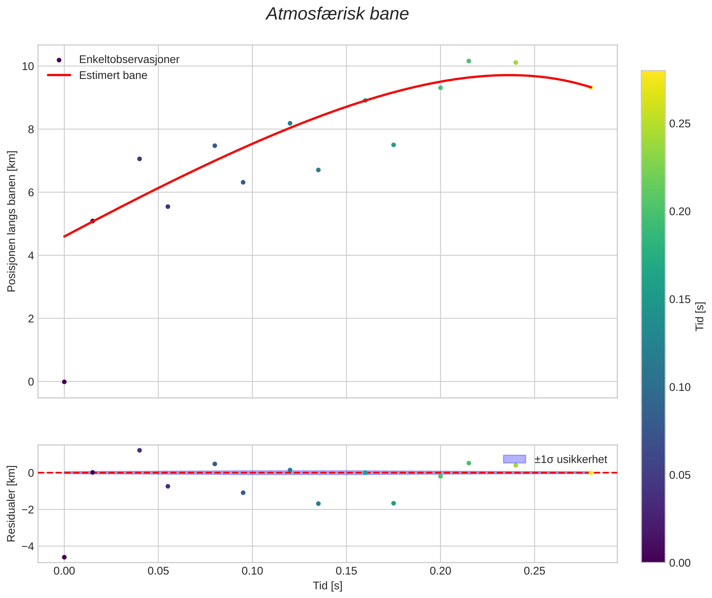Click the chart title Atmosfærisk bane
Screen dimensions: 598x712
click(x=337, y=14)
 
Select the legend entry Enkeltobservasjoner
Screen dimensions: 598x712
click(x=129, y=60)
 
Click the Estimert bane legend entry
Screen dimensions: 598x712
click(x=113, y=75)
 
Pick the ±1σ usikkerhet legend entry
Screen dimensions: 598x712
click(x=571, y=459)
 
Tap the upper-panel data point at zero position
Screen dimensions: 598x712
click(x=64, y=382)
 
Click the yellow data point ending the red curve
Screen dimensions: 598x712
click(x=591, y=87)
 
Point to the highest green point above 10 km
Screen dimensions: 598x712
click(x=469, y=61)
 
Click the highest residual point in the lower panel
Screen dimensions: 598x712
click(x=139, y=450)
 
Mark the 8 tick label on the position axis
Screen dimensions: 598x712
click(x=31, y=129)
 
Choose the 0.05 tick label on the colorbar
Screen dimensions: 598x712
click(x=680, y=475)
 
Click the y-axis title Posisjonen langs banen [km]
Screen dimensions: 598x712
click(x=11, y=221)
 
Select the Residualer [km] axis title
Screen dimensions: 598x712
click(x=11, y=504)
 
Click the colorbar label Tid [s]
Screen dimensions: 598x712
click(x=699, y=316)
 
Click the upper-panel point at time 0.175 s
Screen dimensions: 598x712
click(x=393, y=145)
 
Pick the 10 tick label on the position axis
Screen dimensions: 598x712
click(x=28, y=67)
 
